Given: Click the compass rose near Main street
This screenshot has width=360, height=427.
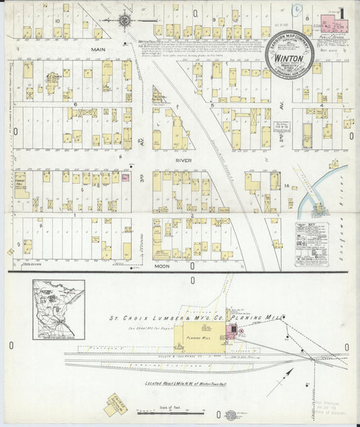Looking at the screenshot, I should pyautogui.click(x=125, y=21).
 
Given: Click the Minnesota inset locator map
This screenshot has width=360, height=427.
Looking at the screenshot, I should pyautogui.click(x=58, y=309).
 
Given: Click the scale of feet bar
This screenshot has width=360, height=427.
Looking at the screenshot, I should pyautogui.click(x=169, y=411).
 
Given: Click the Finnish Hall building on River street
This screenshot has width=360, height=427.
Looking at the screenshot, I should pyautogui.click(x=21, y=182).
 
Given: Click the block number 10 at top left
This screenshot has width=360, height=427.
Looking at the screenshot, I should pyautogui.click(x=58, y=21).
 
